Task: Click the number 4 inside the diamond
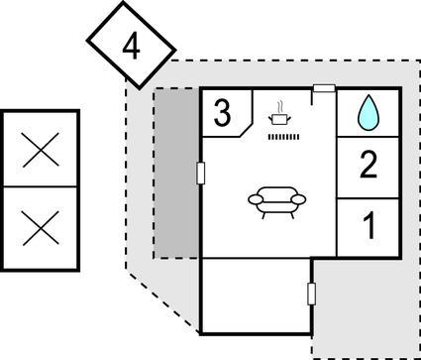pyautogui.click(x=131, y=45)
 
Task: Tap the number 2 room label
pyautogui.click(x=368, y=165)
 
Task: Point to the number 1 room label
pyautogui.click(x=368, y=227)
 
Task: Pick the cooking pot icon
pyautogui.click(x=280, y=118)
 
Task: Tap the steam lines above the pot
pyautogui.click(x=281, y=104)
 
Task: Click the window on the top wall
pyautogui.click(x=323, y=89)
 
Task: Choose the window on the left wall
pyautogui.click(x=201, y=174)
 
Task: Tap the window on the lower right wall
pyautogui.click(x=312, y=294)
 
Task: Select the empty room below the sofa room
pyautogui.click(x=256, y=295)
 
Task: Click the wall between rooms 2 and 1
pyautogui.click(x=368, y=197)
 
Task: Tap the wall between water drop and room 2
pyautogui.click(x=368, y=135)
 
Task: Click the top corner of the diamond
pyautogui.click(x=125, y=2)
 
